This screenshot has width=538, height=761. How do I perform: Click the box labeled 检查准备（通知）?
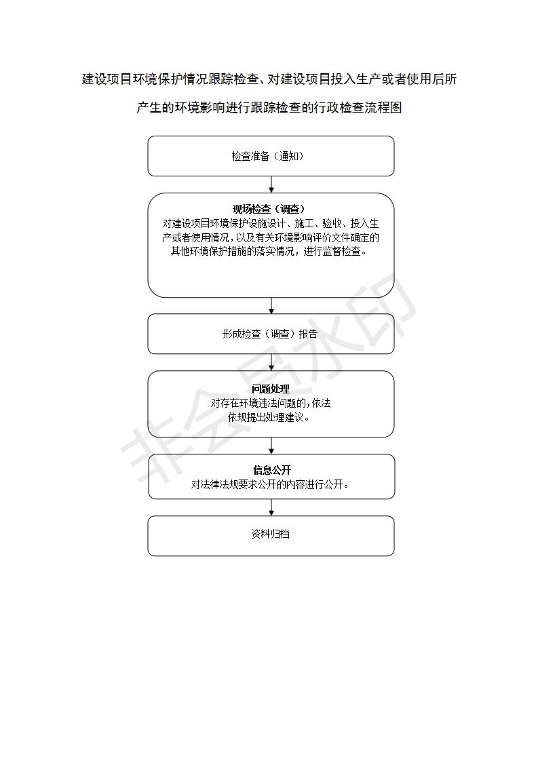pyautogui.click(x=271, y=156)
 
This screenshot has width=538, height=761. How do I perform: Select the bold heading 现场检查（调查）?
pyautogui.click(x=269, y=209)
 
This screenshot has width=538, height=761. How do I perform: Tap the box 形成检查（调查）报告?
pyautogui.click(x=271, y=334)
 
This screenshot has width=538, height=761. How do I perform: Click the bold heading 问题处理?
pyautogui.click(x=271, y=389)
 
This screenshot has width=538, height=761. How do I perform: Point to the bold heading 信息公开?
pyautogui.click(x=272, y=470)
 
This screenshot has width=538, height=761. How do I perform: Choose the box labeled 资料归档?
pyautogui.click(x=271, y=536)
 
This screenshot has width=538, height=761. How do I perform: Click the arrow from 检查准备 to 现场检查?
pyautogui.click(x=271, y=184)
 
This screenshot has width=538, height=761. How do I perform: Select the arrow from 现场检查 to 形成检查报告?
pyautogui.click(x=271, y=306)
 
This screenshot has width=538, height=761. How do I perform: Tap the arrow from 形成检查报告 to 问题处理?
pyautogui.click(x=271, y=363)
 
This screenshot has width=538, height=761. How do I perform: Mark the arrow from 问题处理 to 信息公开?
pyautogui.click(x=271, y=446)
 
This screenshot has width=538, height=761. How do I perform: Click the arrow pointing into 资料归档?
pyautogui.click(x=271, y=507)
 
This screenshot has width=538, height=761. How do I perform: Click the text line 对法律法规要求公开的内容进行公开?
pyautogui.click(x=270, y=484)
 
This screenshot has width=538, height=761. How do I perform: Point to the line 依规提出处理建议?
pyautogui.click(x=269, y=417)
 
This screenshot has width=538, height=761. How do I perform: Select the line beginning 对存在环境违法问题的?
pyautogui.click(x=271, y=404)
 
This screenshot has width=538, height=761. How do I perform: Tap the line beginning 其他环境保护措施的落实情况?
pyautogui.click(x=269, y=252)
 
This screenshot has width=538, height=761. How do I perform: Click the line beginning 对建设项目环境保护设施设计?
pyautogui.click(x=271, y=223)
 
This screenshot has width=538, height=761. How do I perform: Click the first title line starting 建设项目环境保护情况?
pyautogui.click(x=269, y=79)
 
